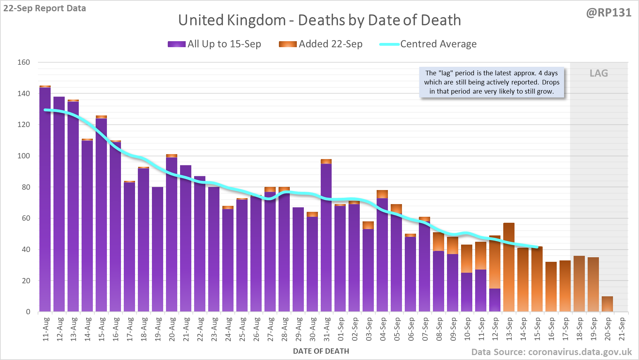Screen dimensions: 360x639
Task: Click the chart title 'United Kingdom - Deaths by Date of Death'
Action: click(x=319, y=20)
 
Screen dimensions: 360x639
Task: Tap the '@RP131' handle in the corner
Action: click(x=608, y=13)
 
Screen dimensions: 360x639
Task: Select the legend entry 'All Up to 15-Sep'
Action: click(x=215, y=44)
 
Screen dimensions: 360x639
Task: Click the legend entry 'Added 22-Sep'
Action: click(x=321, y=44)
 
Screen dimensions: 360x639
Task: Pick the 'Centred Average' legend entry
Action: click(x=428, y=44)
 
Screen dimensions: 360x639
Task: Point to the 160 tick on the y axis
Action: click(x=24, y=62)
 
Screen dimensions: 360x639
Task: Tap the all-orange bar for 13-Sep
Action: click(x=509, y=267)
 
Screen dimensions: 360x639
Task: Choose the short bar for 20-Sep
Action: click(x=607, y=304)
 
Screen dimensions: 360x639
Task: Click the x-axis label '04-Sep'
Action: click(x=383, y=329)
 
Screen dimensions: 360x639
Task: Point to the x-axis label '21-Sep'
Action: click(x=622, y=329)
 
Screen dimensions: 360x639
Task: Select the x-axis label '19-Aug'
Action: click(x=158, y=329)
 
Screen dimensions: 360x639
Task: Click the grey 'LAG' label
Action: click(x=599, y=73)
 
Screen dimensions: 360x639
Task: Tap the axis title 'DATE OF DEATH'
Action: click(x=321, y=351)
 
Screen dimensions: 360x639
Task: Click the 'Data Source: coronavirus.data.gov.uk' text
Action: click(x=551, y=352)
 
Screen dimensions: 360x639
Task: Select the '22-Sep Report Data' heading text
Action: click(x=45, y=8)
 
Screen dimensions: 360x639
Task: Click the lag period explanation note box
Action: click(x=491, y=82)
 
